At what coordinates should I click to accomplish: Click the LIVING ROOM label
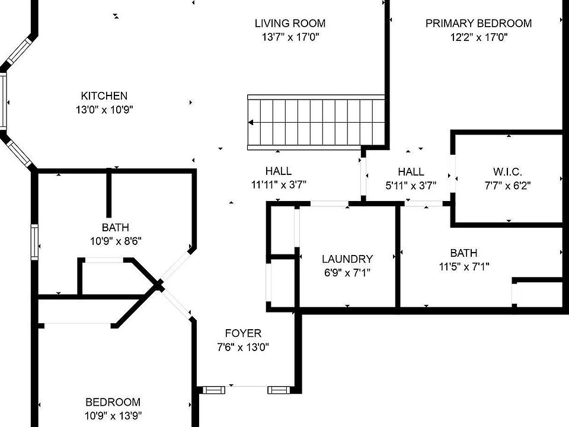pos(290,24)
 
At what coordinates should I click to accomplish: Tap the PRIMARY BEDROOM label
pos(478,24)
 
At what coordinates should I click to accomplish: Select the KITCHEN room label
pos(104,95)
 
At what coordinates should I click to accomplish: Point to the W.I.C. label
pos(507,172)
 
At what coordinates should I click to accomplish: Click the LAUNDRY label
pos(347,259)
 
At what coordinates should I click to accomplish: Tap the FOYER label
pos(243,333)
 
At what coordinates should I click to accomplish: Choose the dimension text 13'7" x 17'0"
pos(290,37)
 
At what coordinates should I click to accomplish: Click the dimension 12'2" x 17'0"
pos(478,37)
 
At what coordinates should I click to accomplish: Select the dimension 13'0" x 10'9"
pos(104,109)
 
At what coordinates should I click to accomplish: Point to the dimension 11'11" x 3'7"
pos(279,185)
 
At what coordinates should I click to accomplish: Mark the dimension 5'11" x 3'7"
pos(411,185)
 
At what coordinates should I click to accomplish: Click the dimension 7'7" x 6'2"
pos(507,185)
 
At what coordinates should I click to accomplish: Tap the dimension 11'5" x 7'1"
pos(463,266)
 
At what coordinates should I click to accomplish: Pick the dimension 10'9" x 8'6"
pos(115,241)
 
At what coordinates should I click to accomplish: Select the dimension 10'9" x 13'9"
pos(113,415)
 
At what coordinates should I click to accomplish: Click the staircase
pos(316,122)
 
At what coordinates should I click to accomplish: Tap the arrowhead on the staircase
pos(252,123)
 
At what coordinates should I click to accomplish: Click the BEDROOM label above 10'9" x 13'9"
pos(113,401)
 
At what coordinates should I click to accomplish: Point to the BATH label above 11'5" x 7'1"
pos(463,253)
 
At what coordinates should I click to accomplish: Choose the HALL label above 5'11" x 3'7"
pos(411,171)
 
